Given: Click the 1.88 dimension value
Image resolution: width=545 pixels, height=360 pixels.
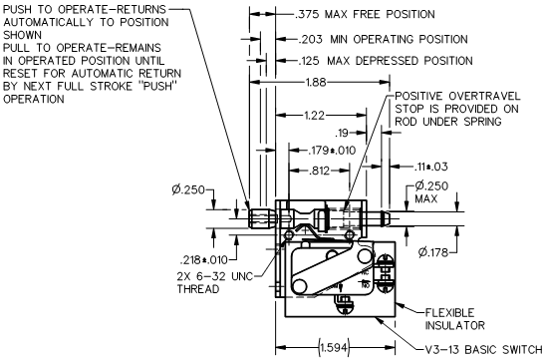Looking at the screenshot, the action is (x=316, y=83).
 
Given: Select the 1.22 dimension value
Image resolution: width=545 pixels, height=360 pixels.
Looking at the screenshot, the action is (x=314, y=115).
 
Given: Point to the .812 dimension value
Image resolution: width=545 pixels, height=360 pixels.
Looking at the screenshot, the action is (x=319, y=171).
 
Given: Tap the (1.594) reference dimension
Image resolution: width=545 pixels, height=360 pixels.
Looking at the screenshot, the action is (x=334, y=347).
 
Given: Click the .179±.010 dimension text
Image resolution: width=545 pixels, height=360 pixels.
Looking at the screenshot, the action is (x=332, y=151).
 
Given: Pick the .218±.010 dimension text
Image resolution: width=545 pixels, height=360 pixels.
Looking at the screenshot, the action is (x=204, y=259).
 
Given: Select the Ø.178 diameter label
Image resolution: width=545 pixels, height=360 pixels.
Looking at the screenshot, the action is (x=433, y=252).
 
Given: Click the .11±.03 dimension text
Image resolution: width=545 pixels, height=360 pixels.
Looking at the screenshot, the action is (x=430, y=167).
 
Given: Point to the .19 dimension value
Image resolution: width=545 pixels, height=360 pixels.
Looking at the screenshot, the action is (x=342, y=133).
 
